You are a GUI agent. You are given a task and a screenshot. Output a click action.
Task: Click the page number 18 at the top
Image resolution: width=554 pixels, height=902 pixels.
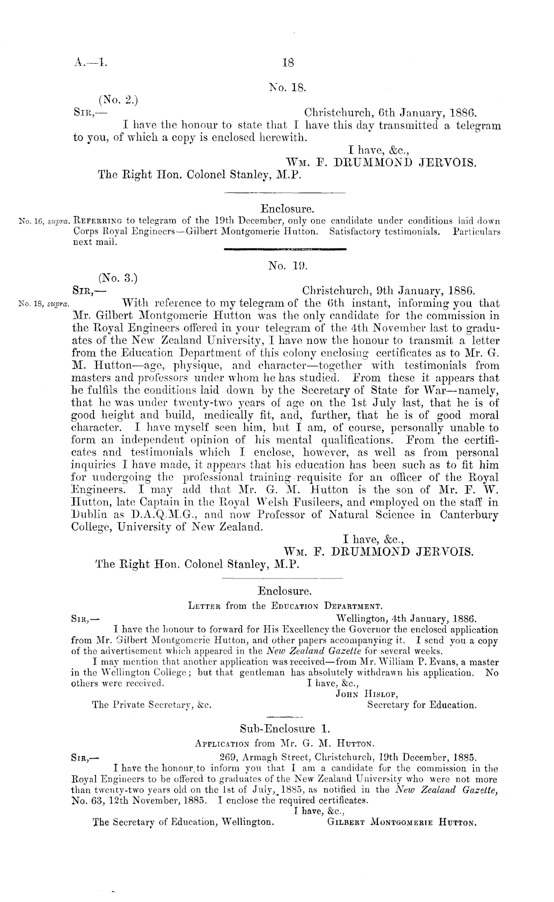(x=288, y=63)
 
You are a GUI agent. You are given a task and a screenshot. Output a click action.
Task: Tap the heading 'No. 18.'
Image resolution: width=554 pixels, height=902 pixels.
(x=288, y=88)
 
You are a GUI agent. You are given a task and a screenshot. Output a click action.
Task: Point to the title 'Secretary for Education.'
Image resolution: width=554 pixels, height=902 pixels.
(x=422, y=705)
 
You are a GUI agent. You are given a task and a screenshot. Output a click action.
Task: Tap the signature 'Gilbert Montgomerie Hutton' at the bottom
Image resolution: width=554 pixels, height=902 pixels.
(x=402, y=823)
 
